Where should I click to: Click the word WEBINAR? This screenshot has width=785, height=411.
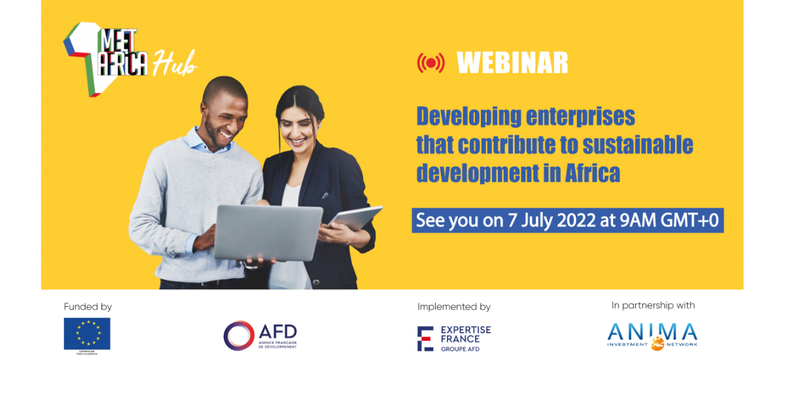(x=512, y=63)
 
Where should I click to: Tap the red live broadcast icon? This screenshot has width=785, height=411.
(x=430, y=63)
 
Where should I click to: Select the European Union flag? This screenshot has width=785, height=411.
(x=87, y=334)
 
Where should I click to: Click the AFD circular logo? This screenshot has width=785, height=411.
(x=238, y=336)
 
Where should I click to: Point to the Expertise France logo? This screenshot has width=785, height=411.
(x=454, y=338)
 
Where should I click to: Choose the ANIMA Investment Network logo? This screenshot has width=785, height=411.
(x=652, y=336)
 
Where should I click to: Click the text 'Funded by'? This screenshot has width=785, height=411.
(x=88, y=306)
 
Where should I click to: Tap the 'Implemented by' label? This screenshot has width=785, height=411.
(x=454, y=306)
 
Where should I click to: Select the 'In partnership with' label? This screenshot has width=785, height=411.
(x=653, y=306)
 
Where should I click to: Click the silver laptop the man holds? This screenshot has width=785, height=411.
(x=268, y=232)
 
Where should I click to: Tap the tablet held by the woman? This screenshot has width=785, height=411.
(x=356, y=218)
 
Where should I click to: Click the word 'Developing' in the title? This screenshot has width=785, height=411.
(x=470, y=116)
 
